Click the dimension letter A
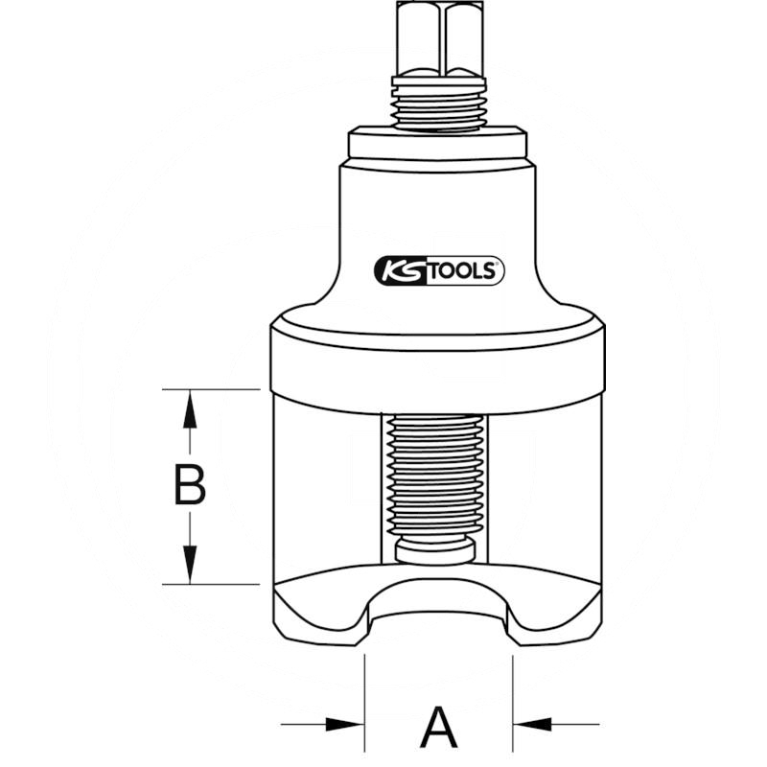pos(439,727)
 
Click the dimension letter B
pos(190,485)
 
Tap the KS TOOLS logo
pos(439,270)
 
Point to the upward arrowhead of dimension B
pos(190,409)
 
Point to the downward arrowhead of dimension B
pos(190,565)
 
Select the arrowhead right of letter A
pos(532,725)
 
